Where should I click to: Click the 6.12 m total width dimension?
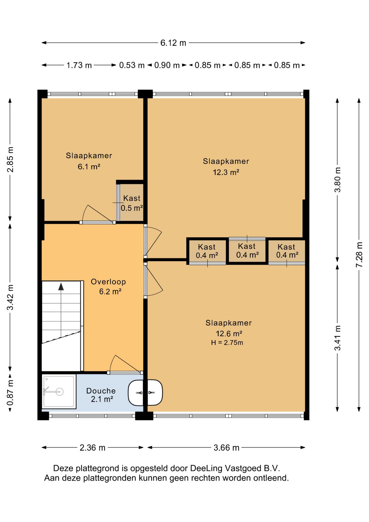point(173,43)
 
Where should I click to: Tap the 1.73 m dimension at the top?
point(79,65)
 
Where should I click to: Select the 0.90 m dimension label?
point(167,65)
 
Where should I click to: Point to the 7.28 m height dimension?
point(359,254)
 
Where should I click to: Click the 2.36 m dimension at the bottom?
point(92,448)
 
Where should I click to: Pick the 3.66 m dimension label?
point(226,448)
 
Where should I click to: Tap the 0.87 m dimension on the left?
point(10,393)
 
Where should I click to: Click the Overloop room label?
point(108,282)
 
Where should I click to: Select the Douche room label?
point(101,391)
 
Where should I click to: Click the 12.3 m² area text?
point(226,172)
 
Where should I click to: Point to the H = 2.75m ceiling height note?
point(227,343)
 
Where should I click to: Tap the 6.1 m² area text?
point(89,166)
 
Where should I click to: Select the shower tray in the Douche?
point(59,391)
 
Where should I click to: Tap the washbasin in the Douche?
point(136,393)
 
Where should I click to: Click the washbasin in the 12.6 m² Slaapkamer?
point(155,393)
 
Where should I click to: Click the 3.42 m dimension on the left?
point(10,297)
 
